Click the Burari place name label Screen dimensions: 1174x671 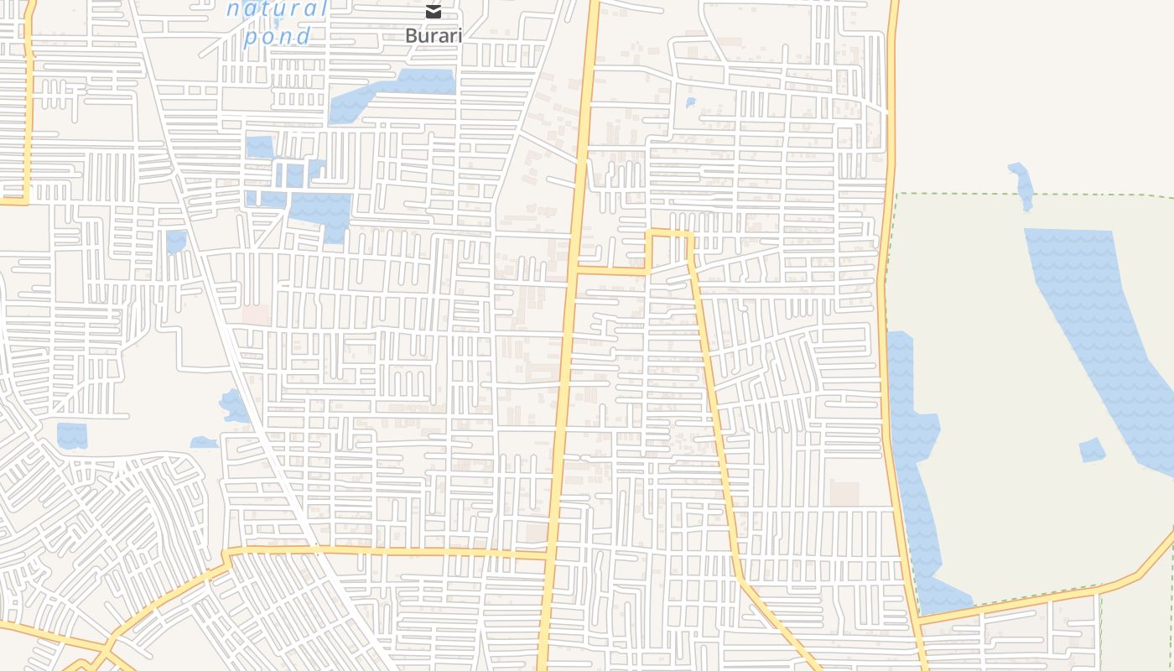tap(433, 36)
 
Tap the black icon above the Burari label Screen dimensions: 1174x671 tap(433, 12)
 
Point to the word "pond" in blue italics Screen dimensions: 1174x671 tap(278, 36)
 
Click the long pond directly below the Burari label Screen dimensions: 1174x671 tap(392, 93)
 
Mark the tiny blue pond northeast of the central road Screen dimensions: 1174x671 tap(690, 103)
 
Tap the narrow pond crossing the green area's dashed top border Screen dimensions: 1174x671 tap(1022, 185)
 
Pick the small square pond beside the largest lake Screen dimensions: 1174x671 tap(1092, 450)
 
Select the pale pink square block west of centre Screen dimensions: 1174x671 tap(257, 315)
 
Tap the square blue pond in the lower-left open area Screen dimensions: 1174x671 tap(72, 435)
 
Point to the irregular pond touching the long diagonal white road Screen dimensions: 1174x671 tap(234, 406)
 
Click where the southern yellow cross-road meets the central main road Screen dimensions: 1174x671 tap(549, 554)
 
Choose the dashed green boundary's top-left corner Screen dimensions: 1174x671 tap(898, 195)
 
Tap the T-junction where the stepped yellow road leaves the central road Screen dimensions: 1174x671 tap(576, 270)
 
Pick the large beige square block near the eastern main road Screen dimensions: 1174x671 tap(844, 494)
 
